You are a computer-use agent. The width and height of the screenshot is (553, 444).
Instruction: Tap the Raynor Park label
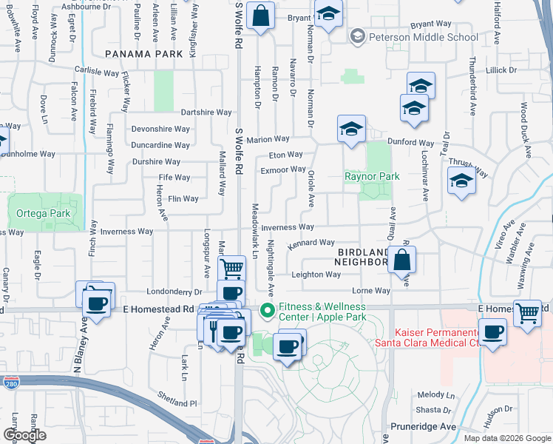[372, 176]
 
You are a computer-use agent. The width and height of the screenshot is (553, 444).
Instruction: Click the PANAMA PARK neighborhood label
[143, 54]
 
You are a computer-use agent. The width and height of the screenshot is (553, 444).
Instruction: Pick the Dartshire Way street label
[207, 112]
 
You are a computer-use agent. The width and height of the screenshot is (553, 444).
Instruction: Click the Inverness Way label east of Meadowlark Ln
[288, 227]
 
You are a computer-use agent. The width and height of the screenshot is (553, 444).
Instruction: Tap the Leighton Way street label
[316, 275]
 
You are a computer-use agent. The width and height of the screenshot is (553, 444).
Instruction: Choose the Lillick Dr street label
[502, 70]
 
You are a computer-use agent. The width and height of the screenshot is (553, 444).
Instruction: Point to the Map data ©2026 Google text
[507, 438]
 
